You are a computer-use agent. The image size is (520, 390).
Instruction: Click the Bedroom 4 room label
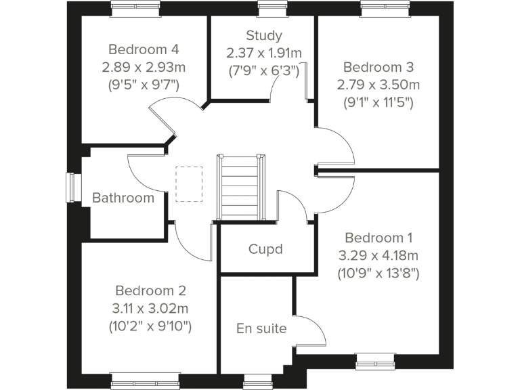pos(144,49)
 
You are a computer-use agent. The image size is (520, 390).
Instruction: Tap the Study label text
pos(263,35)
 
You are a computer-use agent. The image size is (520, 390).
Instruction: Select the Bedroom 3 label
pos(378,67)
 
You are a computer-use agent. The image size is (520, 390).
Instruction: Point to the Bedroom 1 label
pos(378,238)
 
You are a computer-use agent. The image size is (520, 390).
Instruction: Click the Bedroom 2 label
pos(150,290)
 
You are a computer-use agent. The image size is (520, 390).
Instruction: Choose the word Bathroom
pos(123,198)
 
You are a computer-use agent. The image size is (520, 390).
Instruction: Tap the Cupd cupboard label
pos(265,248)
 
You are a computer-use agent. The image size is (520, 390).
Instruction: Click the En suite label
pos(261,329)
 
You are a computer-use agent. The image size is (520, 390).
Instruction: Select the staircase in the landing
pos(240,188)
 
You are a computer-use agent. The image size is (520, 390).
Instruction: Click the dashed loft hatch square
pos(189,183)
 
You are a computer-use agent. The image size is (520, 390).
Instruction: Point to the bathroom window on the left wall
pos(70,188)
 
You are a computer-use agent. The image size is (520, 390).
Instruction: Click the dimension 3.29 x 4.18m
pos(378,256)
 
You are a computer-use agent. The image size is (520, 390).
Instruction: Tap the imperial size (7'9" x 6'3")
pos(263,70)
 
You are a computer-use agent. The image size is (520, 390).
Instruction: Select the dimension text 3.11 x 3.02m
pos(150,309)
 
